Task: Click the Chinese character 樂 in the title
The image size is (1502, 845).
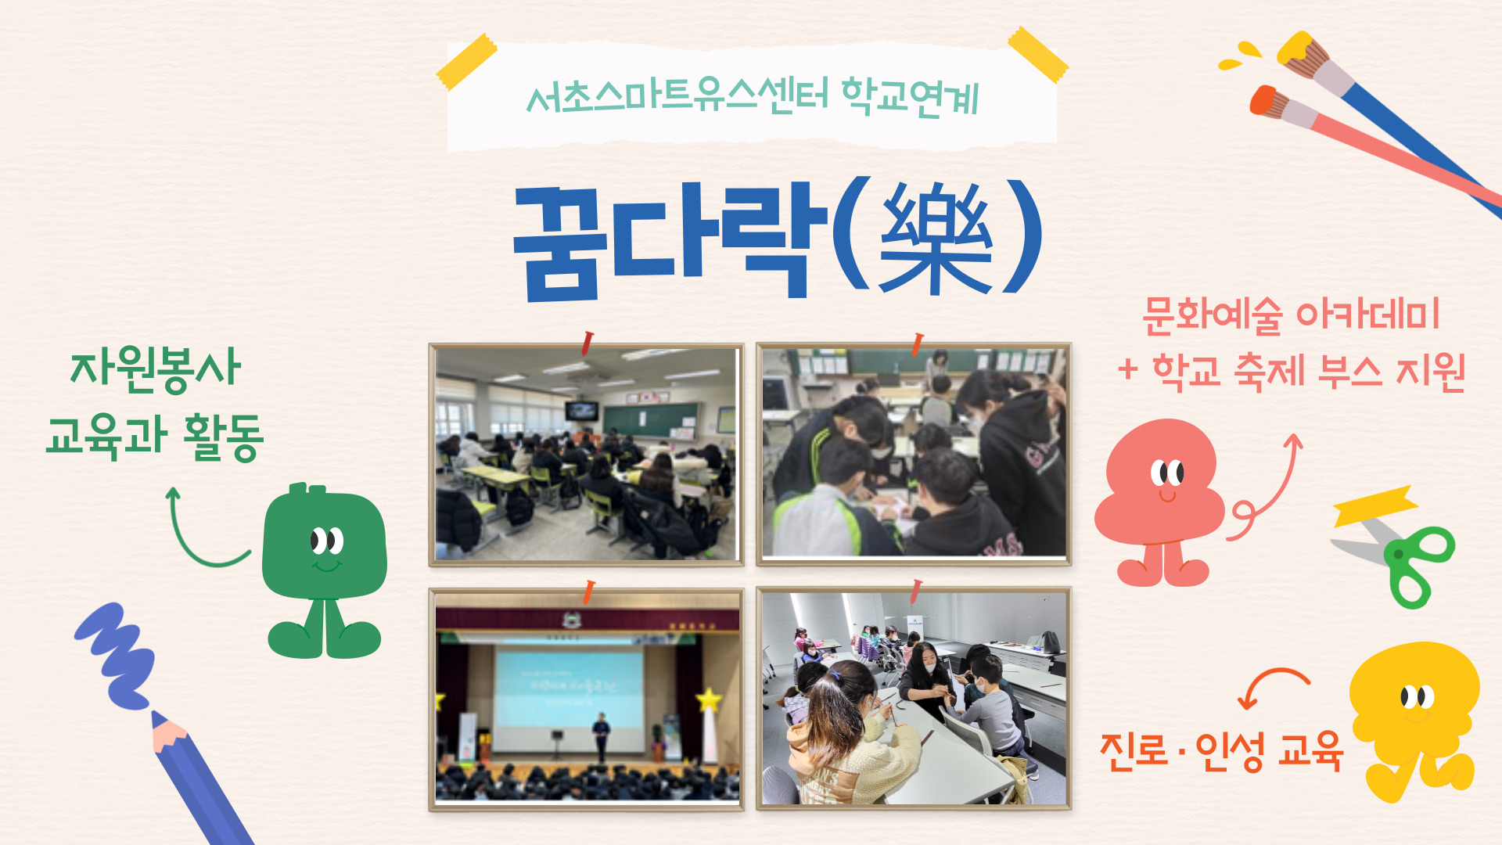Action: pyautogui.click(x=936, y=238)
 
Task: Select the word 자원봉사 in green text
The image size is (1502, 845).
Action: pyautogui.click(x=156, y=368)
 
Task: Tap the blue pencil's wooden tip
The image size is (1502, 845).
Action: pyautogui.click(x=167, y=732)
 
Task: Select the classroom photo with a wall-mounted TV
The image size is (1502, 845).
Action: pyautogui.click(x=586, y=455)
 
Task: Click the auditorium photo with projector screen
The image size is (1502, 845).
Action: pyautogui.click(x=586, y=699)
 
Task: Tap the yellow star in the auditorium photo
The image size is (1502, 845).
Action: pyautogui.click(x=709, y=699)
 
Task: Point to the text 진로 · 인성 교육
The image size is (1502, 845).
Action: pyautogui.click(x=1221, y=752)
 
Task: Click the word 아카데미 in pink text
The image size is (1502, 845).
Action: pyautogui.click(x=1368, y=314)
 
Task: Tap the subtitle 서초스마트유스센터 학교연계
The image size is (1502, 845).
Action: pyautogui.click(x=753, y=98)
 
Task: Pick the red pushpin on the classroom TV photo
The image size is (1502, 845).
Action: pyautogui.click(x=587, y=343)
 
